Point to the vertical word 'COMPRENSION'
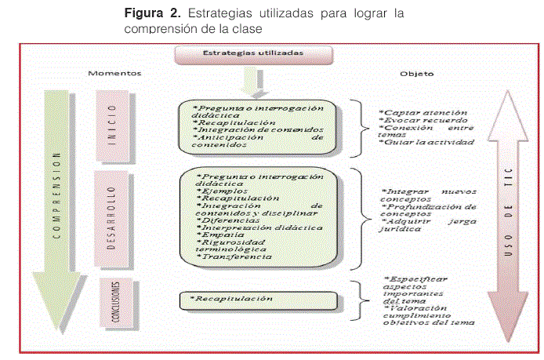click(x=56, y=196)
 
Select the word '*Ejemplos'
click(x=223, y=191)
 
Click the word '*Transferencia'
click(x=235, y=256)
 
